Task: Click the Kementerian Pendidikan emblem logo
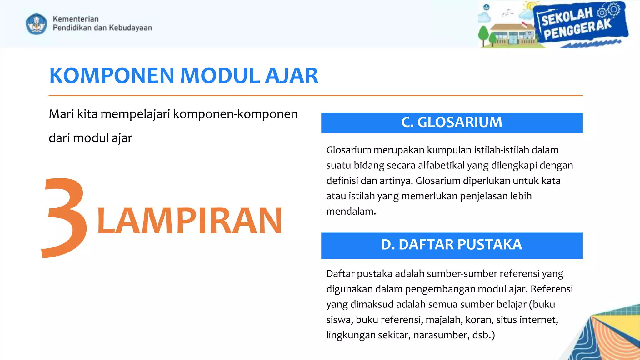click(x=37, y=23)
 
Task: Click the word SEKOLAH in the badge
click(x=567, y=17)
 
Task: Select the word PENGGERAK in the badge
click(x=577, y=30)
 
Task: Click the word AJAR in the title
click(x=291, y=76)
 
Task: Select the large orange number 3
click(x=64, y=218)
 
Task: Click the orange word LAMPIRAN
click(x=189, y=221)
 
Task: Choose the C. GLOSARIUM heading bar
click(x=452, y=122)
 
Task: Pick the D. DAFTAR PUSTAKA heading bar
click(x=452, y=245)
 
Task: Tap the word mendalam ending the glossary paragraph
click(x=351, y=212)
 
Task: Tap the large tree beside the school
click(x=483, y=36)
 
